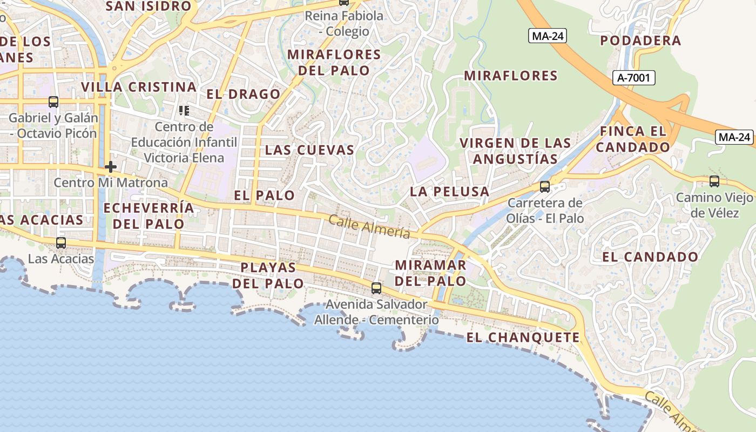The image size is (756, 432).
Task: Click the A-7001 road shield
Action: (634, 78)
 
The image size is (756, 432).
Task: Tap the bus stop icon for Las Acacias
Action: (61, 243)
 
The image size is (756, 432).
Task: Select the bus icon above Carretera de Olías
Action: (545, 187)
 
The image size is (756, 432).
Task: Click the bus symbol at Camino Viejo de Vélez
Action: (714, 181)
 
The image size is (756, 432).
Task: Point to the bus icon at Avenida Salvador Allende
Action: (376, 288)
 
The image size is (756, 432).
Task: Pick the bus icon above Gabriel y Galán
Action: (53, 102)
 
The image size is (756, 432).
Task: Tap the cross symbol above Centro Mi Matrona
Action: (111, 166)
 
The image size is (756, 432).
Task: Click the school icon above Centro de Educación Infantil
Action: (184, 111)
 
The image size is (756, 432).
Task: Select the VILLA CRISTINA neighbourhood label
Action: (139, 87)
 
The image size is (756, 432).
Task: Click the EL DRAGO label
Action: (244, 94)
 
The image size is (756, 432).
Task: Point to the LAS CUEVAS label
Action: (309, 150)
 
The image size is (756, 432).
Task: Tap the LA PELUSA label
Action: (449, 192)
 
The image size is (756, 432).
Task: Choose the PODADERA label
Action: (640, 41)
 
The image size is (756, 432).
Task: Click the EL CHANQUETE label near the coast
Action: (523, 338)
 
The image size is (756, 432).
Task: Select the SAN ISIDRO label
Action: (148, 6)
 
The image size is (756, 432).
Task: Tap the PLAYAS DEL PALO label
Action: (268, 275)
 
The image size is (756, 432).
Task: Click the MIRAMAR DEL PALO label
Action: (430, 273)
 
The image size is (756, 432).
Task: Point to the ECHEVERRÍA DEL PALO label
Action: (148, 216)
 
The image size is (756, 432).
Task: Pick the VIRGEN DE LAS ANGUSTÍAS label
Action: (515, 151)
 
